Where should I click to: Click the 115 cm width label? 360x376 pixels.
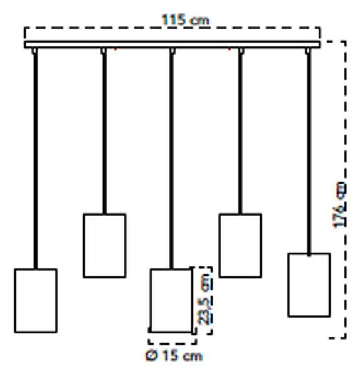click(186, 20)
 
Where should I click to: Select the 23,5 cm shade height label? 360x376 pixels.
click(205, 299)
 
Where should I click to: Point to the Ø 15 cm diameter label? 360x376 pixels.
click(174, 355)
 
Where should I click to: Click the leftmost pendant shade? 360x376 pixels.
click(36, 301)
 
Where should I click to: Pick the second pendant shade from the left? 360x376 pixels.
click(105, 246)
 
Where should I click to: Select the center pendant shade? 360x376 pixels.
click(171, 301)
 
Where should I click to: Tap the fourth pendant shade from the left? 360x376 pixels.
click(240, 246)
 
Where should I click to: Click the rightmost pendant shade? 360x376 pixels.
click(309, 285)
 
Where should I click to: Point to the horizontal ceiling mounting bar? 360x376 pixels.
click(172, 44)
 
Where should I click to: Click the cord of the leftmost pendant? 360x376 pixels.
click(36, 160)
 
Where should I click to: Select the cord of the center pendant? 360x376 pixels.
click(171, 160)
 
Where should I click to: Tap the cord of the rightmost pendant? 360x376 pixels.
click(309, 154)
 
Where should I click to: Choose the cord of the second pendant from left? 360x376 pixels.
click(104, 133)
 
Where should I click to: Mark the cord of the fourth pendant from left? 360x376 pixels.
click(240, 133)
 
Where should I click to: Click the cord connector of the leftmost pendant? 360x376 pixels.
click(34, 51)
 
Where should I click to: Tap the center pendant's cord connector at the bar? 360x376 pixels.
click(172, 51)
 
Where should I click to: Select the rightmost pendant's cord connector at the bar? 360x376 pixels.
click(307, 51)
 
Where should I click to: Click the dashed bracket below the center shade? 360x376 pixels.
click(172, 344)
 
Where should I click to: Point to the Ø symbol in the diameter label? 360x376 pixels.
click(152, 355)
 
